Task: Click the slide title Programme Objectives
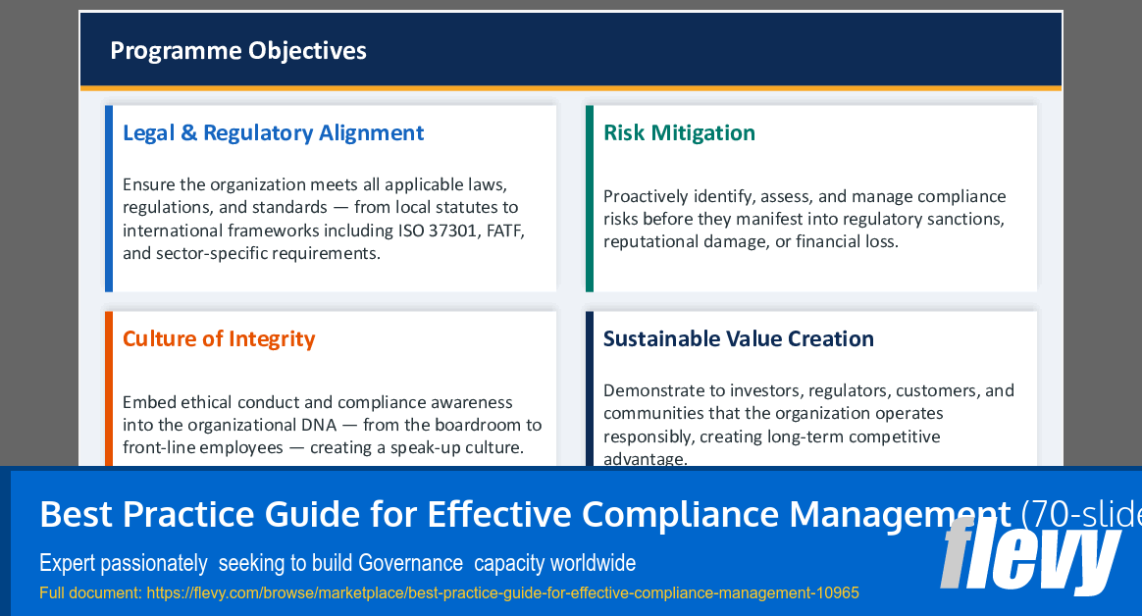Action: coord(238,50)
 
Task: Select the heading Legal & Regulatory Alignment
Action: coord(273,133)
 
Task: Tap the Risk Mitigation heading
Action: coord(679,133)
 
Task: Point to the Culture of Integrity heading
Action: coord(219,339)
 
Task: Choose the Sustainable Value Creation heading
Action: coord(738,339)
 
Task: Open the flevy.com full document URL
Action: coord(501,592)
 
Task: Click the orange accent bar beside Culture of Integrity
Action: coord(109,387)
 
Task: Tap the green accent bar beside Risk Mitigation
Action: coord(590,198)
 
